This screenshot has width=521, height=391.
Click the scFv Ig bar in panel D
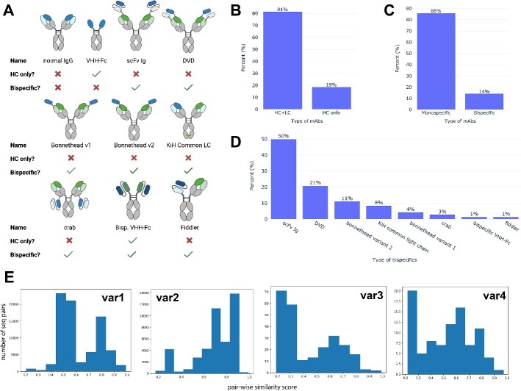click(x=284, y=179)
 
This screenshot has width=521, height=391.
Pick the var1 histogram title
click(x=112, y=281)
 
